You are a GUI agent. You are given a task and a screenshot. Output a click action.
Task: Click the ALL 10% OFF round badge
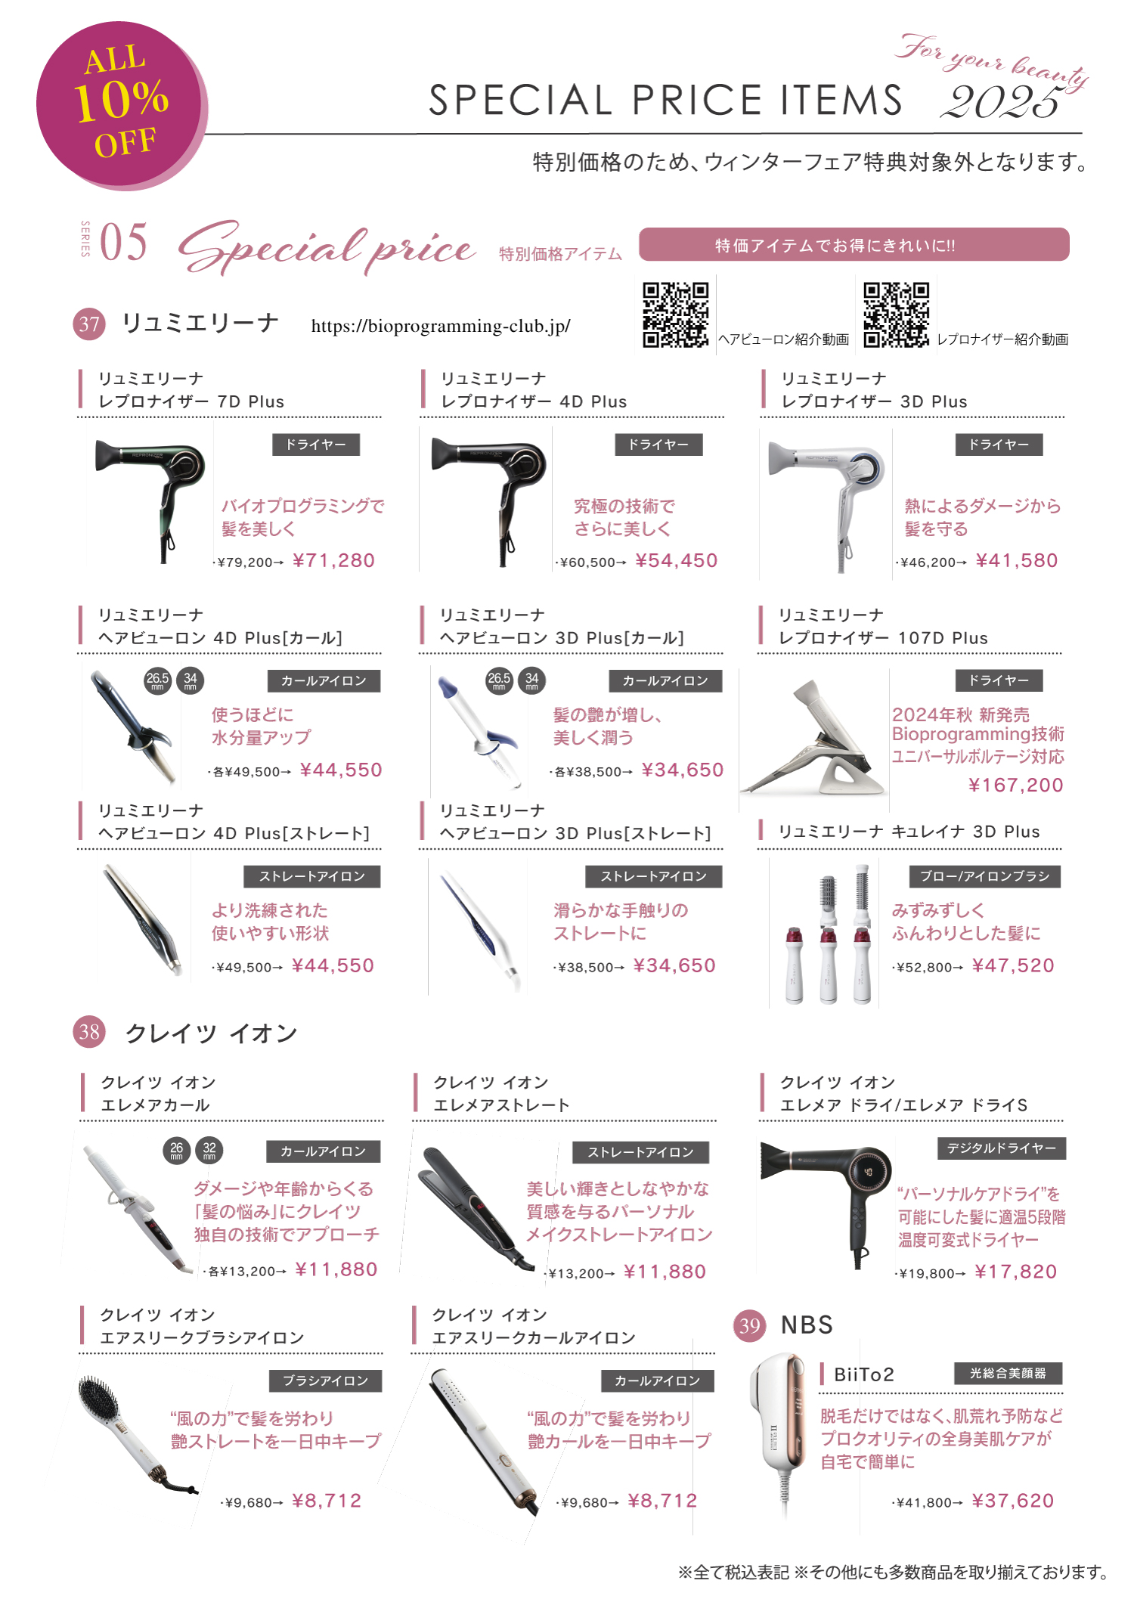click(121, 105)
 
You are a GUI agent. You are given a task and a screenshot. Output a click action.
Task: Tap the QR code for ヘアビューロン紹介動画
click(675, 315)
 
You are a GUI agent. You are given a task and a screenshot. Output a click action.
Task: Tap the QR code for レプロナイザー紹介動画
click(896, 315)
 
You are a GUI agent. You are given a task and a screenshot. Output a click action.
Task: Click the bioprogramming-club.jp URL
click(441, 326)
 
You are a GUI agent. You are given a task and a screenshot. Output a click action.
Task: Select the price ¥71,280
click(333, 560)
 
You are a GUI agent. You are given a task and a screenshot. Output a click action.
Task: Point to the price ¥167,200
click(1015, 785)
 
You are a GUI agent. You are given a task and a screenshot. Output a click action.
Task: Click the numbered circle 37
click(89, 324)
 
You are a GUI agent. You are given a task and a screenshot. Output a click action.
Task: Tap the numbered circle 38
click(89, 1032)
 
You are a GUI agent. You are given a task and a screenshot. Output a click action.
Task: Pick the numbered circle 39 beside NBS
click(749, 1325)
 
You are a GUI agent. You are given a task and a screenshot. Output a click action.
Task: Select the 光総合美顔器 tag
click(1008, 1373)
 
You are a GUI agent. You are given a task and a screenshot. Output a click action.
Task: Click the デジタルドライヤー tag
click(1002, 1148)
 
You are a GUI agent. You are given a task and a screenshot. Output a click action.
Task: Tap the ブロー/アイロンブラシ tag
click(985, 876)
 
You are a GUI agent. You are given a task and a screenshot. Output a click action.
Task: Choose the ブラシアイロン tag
click(326, 1380)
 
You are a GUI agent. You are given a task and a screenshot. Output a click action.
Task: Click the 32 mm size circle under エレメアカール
click(209, 1151)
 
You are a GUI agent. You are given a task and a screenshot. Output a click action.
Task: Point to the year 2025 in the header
click(1002, 102)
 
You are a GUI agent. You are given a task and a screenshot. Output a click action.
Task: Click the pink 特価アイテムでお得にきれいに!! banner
click(854, 244)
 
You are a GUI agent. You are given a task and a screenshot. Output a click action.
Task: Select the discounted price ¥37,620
click(1013, 1500)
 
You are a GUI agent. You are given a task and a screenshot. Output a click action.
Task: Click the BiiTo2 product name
click(864, 1374)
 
